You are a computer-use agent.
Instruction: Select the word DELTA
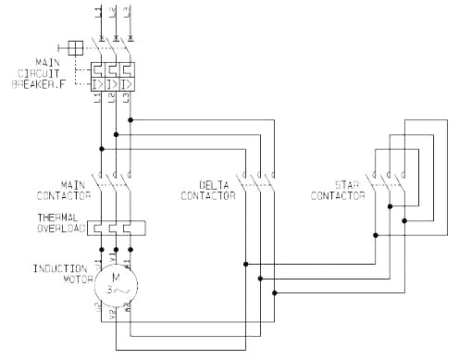click(x=214, y=184)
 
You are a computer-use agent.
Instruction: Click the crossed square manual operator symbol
click(x=76, y=46)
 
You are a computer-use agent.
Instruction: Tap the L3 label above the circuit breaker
click(x=128, y=14)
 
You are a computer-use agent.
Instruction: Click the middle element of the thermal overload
click(x=115, y=228)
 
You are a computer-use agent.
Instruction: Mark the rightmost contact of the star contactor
click(x=403, y=178)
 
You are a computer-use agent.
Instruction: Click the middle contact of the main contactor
click(x=115, y=178)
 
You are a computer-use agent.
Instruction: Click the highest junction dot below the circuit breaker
click(x=130, y=120)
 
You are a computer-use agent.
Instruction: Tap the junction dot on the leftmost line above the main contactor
click(x=100, y=148)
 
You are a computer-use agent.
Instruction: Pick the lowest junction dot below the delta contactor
click(x=275, y=292)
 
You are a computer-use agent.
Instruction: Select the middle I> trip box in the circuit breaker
click(x=114, y=85)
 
